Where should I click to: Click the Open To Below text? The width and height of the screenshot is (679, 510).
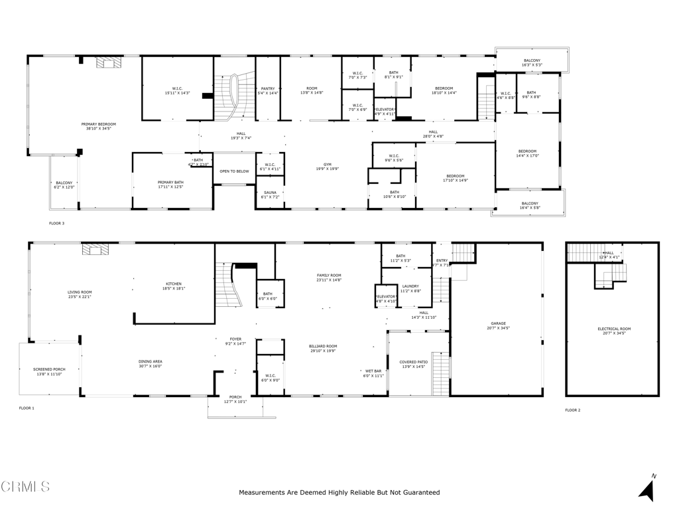(235, 171)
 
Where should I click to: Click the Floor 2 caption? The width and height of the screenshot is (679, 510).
(572, 410)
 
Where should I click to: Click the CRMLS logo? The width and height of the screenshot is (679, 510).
(25, 487)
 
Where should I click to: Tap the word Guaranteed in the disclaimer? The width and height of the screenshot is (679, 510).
(416, 493)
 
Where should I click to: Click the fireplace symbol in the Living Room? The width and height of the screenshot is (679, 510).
(95, 250)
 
